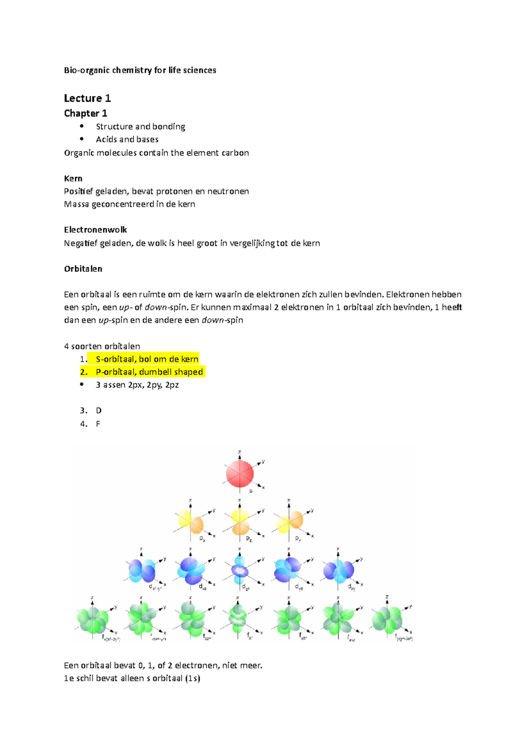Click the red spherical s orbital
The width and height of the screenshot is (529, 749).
click(x=239, y=474)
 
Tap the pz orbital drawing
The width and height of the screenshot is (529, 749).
click(x=240, y=522)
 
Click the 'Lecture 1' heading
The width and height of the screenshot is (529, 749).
click(x=87, y=98)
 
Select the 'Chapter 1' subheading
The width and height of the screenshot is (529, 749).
click(x=86, y=113)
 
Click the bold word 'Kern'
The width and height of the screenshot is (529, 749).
click(x=73, y=179)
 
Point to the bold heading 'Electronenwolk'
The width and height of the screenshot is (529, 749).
click(x=95, y=230)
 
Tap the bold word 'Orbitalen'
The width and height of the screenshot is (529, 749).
click(x=83, y=269)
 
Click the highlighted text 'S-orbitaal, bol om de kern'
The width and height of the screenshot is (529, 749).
click(x=147, y=359)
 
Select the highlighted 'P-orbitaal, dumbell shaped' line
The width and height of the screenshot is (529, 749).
click(x=149, y=372)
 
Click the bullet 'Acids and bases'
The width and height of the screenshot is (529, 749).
click(x=127, y=139)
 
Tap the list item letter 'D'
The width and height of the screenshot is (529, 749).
click(x=99, y=411)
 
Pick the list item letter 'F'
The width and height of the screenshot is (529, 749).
click(x=98, y=424)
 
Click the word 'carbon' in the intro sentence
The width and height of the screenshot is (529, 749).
click(x=235, y=153)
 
